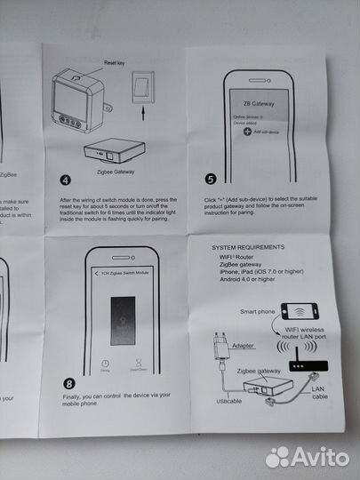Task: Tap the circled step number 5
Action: pos(210,177)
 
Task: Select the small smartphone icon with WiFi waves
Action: pos(300,313)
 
